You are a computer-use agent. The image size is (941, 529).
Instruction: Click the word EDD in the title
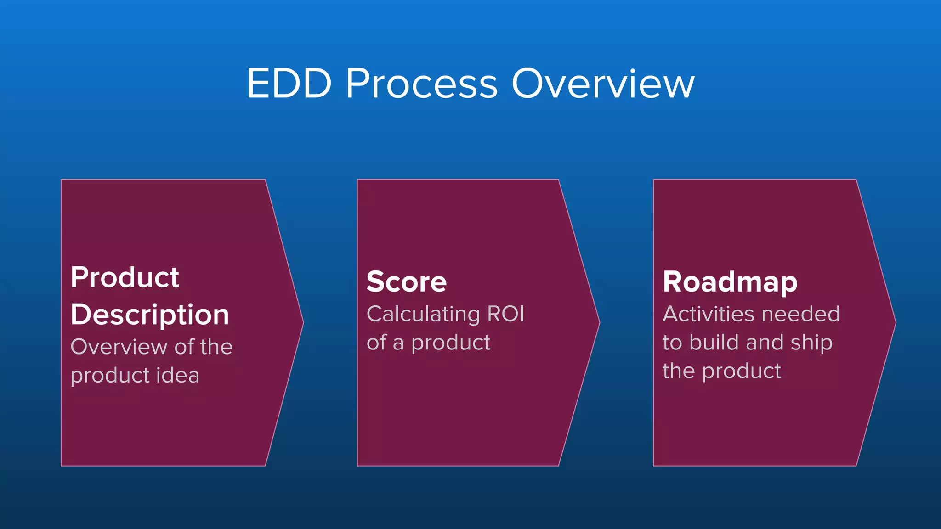tap(289, 84)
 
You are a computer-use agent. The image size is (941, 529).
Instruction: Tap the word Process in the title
tap(421, 84)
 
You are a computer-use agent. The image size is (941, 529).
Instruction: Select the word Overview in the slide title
tap(603, 84)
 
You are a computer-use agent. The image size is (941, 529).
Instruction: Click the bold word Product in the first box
tap(125, 278)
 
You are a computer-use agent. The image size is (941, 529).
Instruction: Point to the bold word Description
tap(150, 315)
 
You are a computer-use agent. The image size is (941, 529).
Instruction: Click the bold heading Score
tap(407, 281)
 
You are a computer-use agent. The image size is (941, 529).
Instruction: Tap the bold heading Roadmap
tap(730, 281)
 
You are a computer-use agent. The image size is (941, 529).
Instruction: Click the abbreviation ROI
tap(505, 314)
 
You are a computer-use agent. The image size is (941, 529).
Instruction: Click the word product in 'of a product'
tap(451, 343)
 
